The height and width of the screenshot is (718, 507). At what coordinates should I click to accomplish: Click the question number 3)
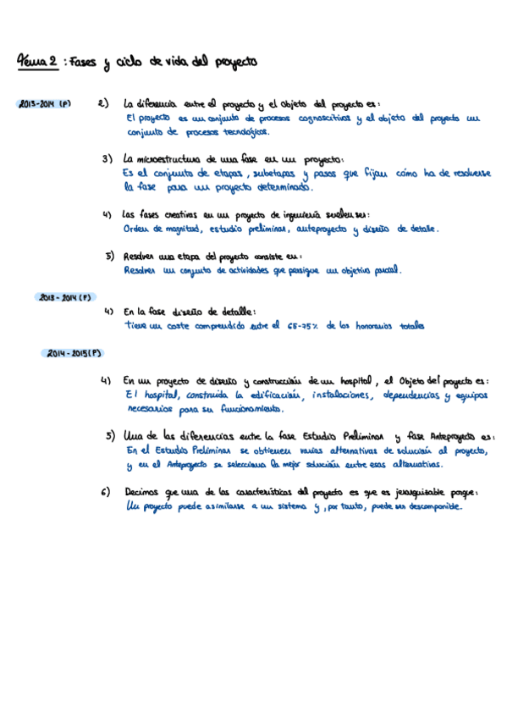pos(107,158)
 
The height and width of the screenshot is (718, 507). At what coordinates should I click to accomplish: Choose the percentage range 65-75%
pos(303,325)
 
